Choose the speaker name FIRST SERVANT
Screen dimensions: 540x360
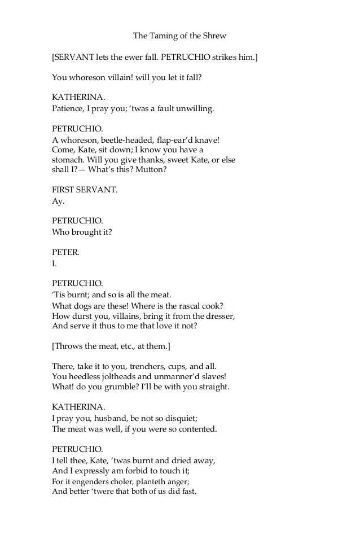pyautogui.click(x=85, y=190)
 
